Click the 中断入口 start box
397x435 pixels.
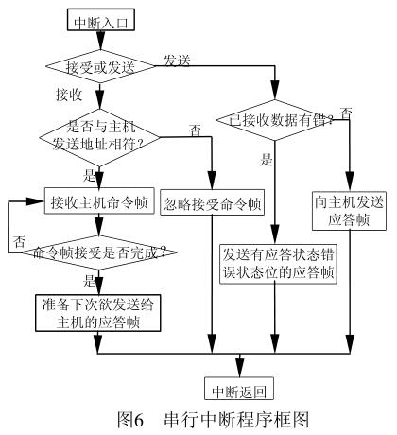point(98,16)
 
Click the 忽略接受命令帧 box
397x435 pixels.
point(214,203)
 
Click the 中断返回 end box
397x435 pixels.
point(236,388)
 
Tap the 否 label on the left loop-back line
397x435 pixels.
point(18,241)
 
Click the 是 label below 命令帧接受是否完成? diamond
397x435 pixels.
point(91,281)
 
